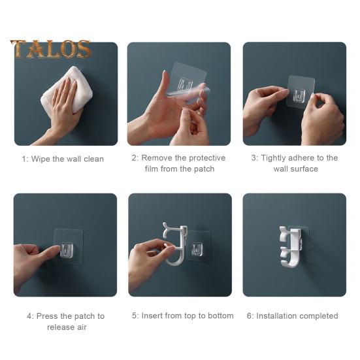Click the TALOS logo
click(x=50, y=49)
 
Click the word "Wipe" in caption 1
click(x=41, y=159)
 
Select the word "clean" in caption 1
click(x=93, y=159)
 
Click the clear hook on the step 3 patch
click(x=300, y=95)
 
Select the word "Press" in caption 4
click(x=47, y=316)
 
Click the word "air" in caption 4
click(x=82, y=327)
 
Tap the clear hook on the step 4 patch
click(x=67, y=250)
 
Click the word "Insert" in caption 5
click(x=152, y=316)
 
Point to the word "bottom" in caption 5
click(x=221, y=316)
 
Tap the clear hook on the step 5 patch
click(x=197, y=250)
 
